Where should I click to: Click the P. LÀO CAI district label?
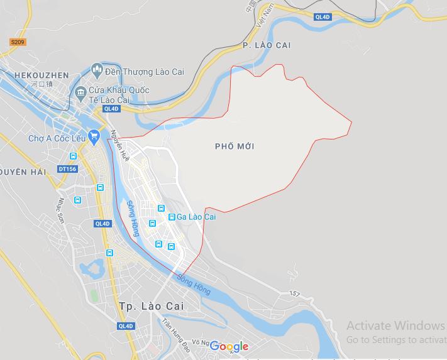pos(267,45)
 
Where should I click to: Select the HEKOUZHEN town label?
pos(42,75)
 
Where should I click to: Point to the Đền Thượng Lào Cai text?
pos(144,72)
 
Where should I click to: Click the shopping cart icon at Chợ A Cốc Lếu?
pos(95,134)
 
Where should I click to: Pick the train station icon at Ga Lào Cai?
pos(171,217)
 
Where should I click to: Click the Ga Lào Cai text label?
pos(196,217)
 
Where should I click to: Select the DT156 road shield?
pos(67,168)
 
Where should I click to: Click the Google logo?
pos(229,346)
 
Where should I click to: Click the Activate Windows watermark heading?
pos(395,325)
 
